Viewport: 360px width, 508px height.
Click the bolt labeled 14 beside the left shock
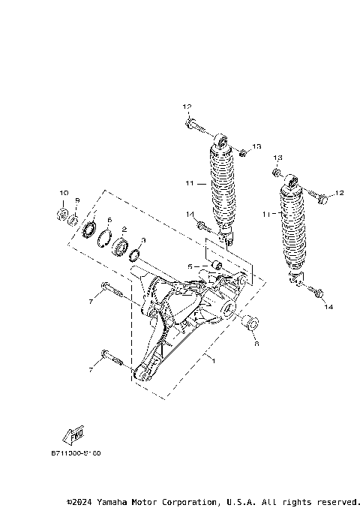[202, 224]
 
